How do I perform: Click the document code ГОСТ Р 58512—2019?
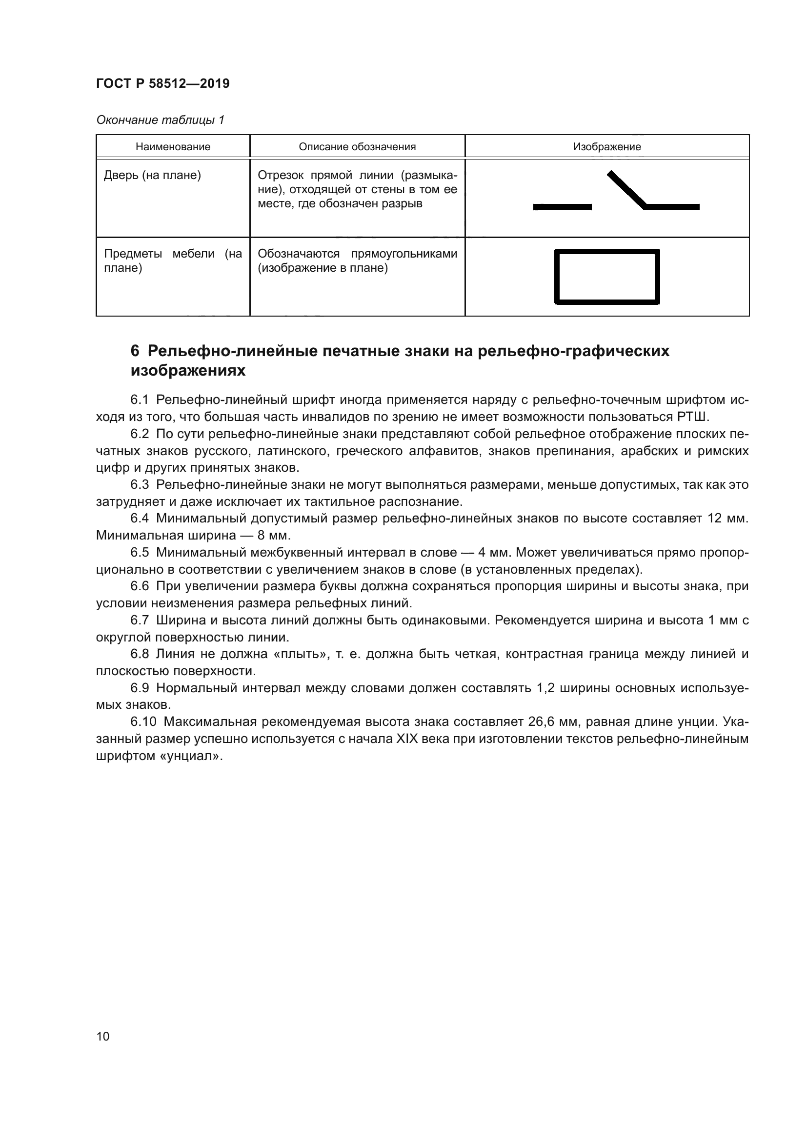pyautogui.click(x=162, y=83)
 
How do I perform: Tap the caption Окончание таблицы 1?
pyautogui.click(x=160, y=120)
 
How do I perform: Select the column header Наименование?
pyautogui.click(x=173, y=147)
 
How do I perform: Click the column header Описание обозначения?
pyautogui.click(x=357, y=147)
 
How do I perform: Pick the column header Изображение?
pyautogui.click(x=607, y=147)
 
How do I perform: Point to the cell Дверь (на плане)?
pyautogui.click(x=152, y=176)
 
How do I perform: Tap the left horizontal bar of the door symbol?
pyautogui.click(x=562, y=207)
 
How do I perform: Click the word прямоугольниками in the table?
pyautogui.click(x=404, y=254)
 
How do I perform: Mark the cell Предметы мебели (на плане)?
pyautogui.click(x=172, y=261)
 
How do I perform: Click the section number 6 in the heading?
pyautogui.click(x=135, y=351)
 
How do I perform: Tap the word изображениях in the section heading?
pyautogui.click(x=188, y=371)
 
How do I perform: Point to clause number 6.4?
pyautogui.click(x=140, y=519)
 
